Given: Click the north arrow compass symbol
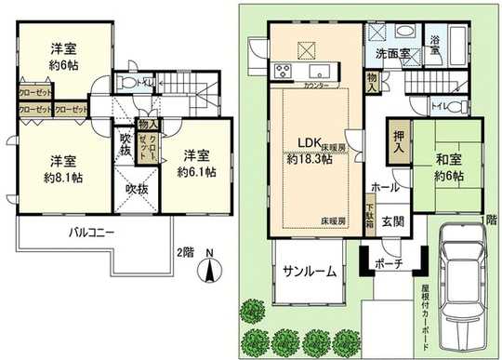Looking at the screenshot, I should tap(211, 271).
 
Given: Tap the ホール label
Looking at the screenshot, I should tap(385, 187).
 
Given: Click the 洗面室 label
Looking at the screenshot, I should tap(392, 54).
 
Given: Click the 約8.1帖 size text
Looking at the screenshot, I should tap(61, 177).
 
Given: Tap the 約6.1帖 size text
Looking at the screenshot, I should tap(199, 172).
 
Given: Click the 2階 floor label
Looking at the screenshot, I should tap(185, 252).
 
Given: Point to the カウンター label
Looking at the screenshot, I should tap(316, 86).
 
